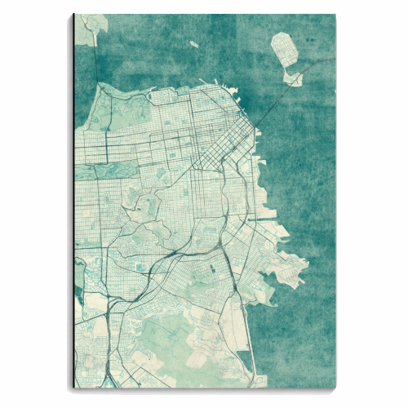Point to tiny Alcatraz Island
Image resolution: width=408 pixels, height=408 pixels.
(193, 44)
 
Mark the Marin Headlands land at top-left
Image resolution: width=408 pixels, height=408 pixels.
(91, 24)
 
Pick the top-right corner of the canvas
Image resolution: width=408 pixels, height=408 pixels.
(335, 15)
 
